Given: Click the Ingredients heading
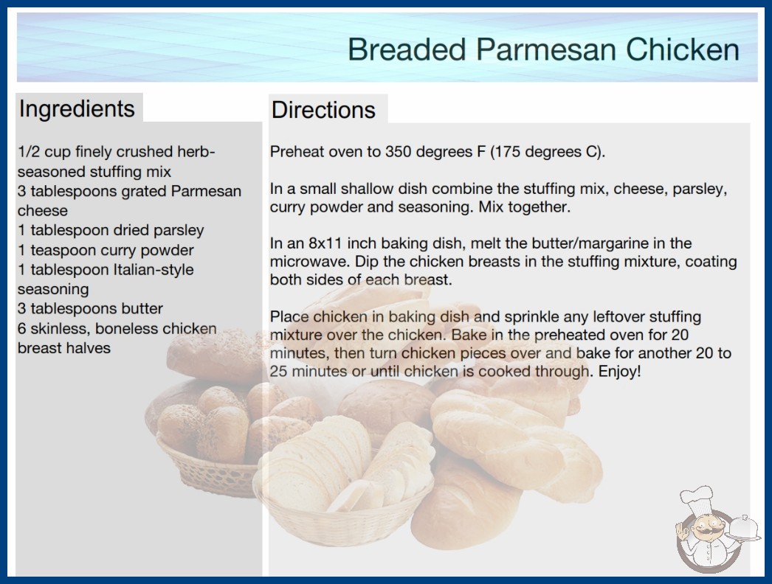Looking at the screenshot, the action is coord(77,109).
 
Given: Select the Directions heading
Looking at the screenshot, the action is coord(323,110).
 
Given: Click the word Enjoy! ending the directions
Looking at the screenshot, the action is coord(619,372).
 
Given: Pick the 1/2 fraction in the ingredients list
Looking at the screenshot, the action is coord(29,152).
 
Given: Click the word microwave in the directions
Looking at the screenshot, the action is coord(310,261).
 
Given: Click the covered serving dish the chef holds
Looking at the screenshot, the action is coord(744,529).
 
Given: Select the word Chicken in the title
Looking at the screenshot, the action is coord(683,49).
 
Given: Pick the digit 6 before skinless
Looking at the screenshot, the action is coord(21,328).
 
